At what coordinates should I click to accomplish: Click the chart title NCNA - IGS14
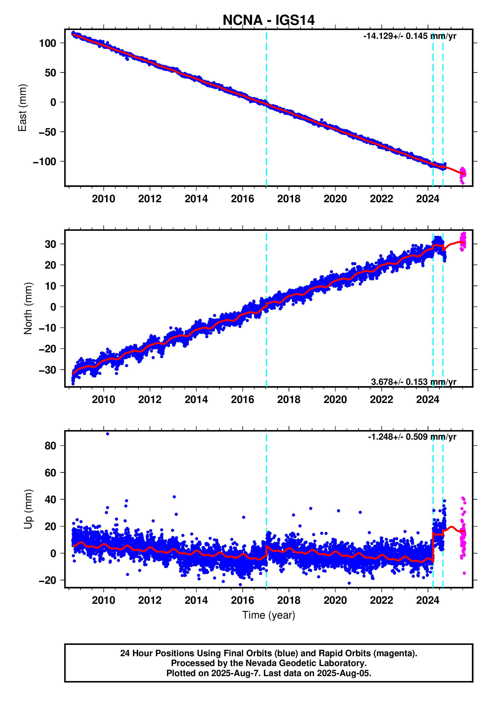(268, 20)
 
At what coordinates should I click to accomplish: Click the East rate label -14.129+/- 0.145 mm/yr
(409, 36)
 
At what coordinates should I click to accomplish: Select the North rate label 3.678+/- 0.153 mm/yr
(413, 382)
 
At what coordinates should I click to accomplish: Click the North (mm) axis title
(28, 308)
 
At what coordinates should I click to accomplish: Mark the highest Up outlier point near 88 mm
(107, 434)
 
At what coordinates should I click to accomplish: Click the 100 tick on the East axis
(48, 43)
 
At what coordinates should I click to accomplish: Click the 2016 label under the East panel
(242, 199)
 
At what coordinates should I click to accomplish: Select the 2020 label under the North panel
(335, 400)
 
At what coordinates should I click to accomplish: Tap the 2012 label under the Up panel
(150, 600)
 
